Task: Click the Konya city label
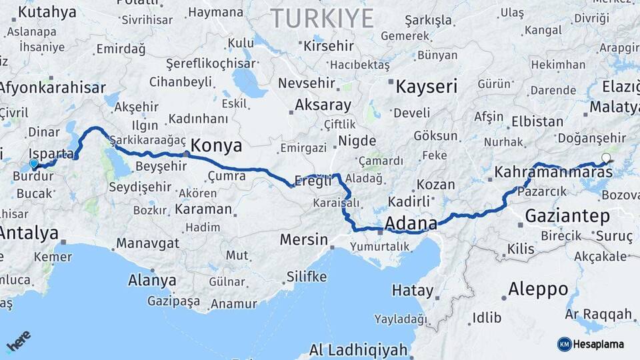(x=217, y=146)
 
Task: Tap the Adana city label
(x=411, y=223)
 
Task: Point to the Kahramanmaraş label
(x=553, y=172)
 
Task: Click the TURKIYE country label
(x=321, y=19)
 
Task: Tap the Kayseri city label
(x=427, y=87)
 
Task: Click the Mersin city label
(x=303, y=239)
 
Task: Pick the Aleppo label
(x=538, y=289)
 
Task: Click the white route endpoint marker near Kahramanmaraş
(x=605, y=158)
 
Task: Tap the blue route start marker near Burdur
(x=34, y=163)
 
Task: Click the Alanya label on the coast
(x=152, y=280)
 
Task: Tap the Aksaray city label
(x=323, y=105)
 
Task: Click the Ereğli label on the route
(x=313, y=181)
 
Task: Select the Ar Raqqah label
(x=598, y=314)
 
